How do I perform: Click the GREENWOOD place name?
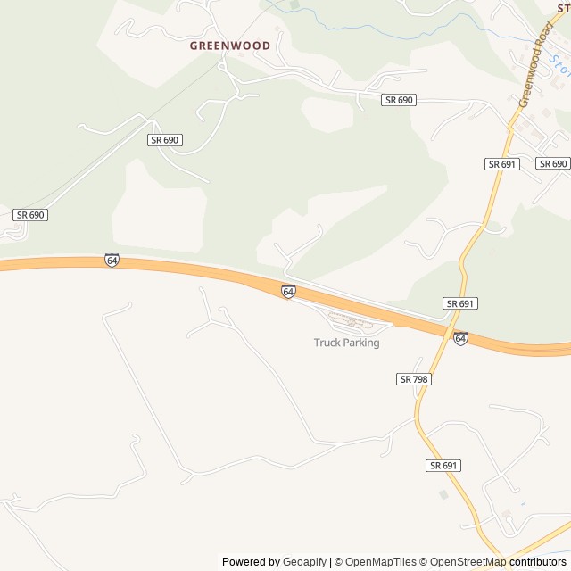click(230, 45)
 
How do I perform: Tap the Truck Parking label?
click(346, 343)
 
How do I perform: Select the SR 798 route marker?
click(414, 379)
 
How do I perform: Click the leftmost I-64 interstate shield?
click(112, 261)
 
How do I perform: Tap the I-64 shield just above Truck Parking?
click(288, 292)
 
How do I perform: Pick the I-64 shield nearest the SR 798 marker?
click(459, 338)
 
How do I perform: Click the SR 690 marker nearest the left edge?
click(30, 215)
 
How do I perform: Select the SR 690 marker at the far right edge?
click(553, 164)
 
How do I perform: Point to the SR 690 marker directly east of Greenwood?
click(399, 100)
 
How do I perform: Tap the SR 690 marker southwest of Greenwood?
click(165, 140)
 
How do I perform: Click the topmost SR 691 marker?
click(502, 164)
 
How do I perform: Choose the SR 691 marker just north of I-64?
click(460, 303)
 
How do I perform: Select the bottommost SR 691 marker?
click(443, 466)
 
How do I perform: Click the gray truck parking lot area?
click(349, 322)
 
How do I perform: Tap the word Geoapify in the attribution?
click(304, 562)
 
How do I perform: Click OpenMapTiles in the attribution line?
click(380, 562)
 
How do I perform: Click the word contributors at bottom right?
click(538, 562)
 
